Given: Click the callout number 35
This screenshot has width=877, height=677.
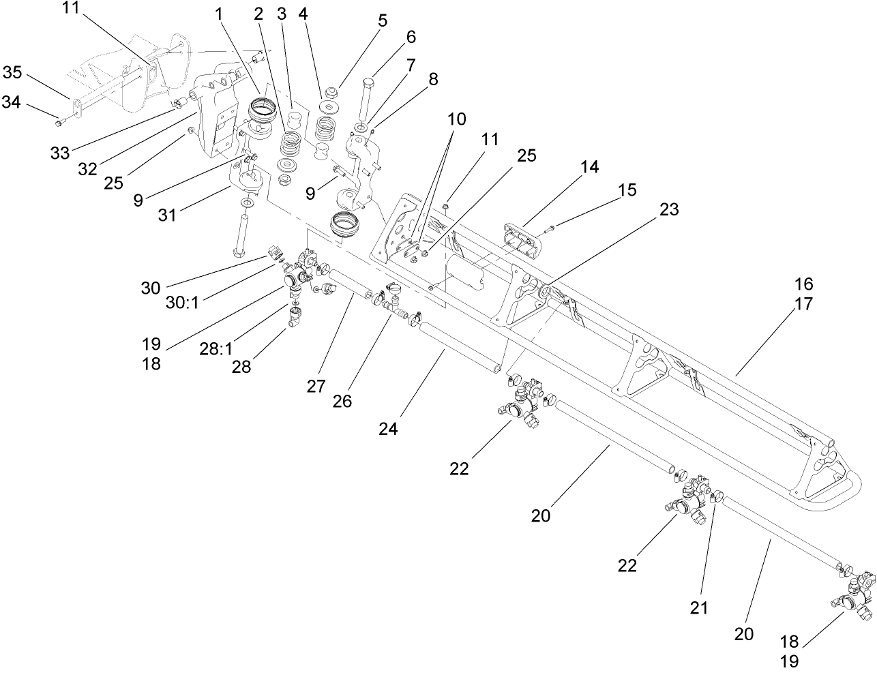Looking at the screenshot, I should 12,72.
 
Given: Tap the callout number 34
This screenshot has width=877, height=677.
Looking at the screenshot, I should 12,102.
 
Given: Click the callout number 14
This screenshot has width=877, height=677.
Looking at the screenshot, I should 589,167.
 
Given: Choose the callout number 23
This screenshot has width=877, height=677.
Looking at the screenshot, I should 669,210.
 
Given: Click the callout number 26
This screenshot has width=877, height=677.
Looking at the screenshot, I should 342,402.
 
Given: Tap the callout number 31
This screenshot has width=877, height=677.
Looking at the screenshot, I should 167,215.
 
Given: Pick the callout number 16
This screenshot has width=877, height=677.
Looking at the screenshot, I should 804,284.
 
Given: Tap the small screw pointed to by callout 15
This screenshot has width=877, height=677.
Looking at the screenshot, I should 550,227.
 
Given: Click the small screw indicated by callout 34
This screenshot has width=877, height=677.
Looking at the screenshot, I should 59,122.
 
